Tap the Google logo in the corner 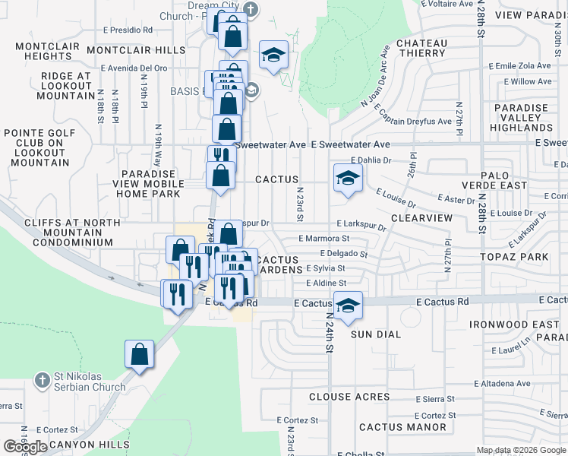tap(25, 447)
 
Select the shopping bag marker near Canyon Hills tap(140, 354)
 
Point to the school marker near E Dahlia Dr tap(347, 179)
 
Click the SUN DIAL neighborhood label tap(377, 334)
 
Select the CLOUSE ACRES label tap(349, 397)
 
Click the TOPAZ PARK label tap(514, 257)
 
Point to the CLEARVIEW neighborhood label tap(421, 218)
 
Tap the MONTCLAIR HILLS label tap(136, 50)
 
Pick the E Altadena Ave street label tap(502, 384)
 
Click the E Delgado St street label tap(344, 254)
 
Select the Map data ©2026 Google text tap(521, 450)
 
